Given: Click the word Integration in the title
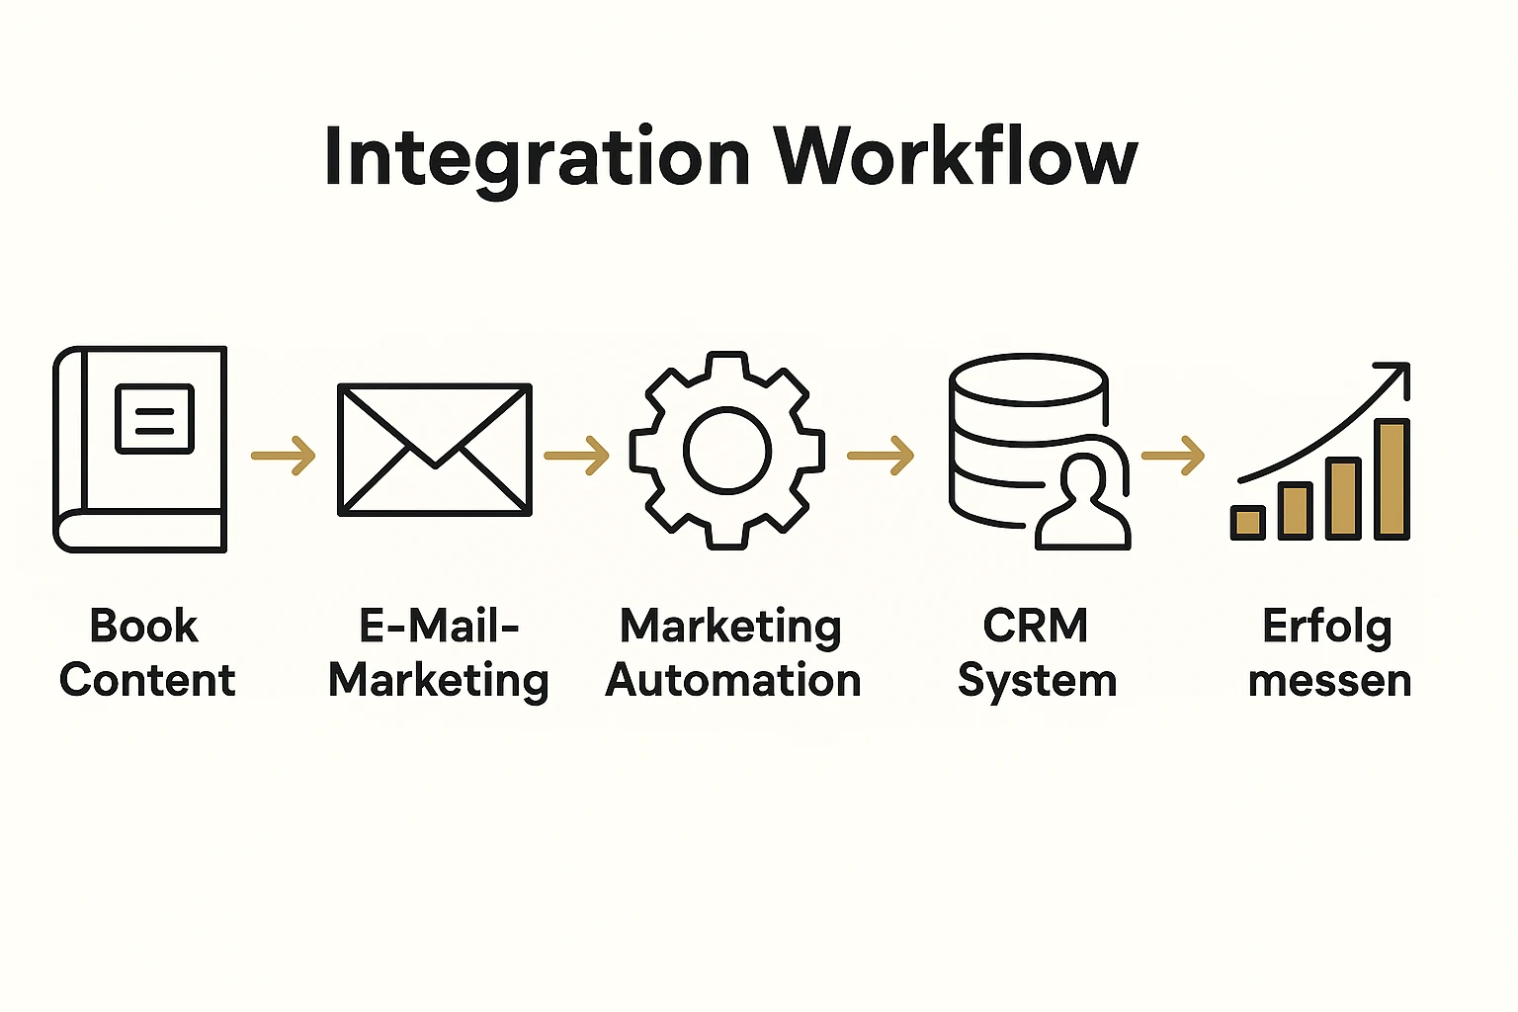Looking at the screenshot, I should pyautogui.click(x=537, y=158).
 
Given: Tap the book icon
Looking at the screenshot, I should pyautogui.click(x=140, y=450).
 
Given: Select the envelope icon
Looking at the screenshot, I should pyautogui.click(x=435, y=450).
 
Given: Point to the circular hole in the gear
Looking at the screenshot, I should pyautogui.click(x=727, y=451).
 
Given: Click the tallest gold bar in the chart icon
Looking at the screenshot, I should pyautogui.click(x=1391, y=479).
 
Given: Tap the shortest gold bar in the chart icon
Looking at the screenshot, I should pyautogui.click(x=1247, y=522).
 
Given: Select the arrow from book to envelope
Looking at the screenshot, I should pyautogui.click(x=284, y=456).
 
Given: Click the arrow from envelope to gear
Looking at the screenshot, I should pyautogui.click(x=576, y=456).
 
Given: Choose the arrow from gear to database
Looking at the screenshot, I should pyautogui.click(x=881, y=456).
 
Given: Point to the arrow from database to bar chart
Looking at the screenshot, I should pyautogui.click(x=1173, y=456).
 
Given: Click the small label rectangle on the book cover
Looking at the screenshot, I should pyautogui.click(x=154, y=419).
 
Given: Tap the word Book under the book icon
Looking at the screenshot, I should pyautogui.click(x=144, y=627).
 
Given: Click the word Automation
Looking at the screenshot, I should pyautogui.click(x=733, y=681).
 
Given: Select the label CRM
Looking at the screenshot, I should pyautogui.click(x=1036, y=627).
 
